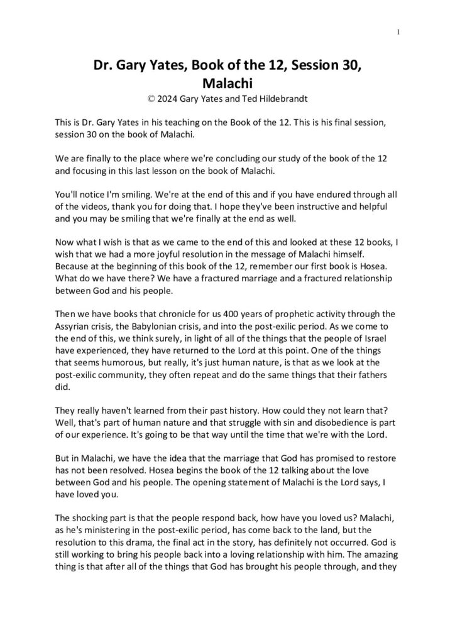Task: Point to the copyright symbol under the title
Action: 147,98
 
